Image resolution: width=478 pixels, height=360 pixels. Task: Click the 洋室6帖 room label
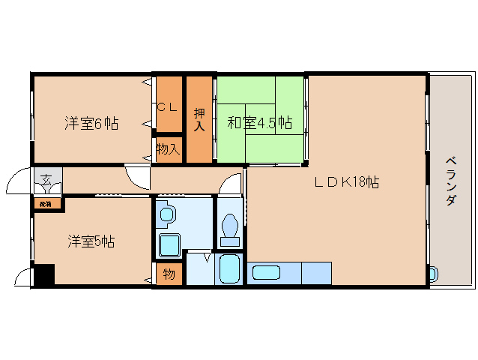(x=91, y=124)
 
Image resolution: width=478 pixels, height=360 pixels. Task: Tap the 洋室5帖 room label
(x=91, y=241)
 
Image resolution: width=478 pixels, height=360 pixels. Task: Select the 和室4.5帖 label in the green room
(x=259, y=123)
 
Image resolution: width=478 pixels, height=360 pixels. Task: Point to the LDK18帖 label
(x=345, y=181)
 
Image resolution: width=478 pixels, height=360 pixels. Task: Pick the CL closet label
(x=168, y=107)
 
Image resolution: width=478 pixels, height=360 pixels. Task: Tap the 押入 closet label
(x=199, y=120)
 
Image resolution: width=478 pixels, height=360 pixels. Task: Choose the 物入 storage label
(x=168, y=149)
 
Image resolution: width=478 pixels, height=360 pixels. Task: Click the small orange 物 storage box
(x=169, y=274)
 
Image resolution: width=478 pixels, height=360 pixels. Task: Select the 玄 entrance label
(x=46, y=180)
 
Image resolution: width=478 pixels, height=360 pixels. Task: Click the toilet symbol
(x=230, y=228)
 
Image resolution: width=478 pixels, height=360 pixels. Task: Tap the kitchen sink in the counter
(x=266, y=273)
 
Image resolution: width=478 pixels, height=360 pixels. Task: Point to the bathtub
(x=229, y=268)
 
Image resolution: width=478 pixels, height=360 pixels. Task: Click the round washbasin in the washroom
(x=167, y=215)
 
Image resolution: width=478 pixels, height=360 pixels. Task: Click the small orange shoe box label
(x=46, y=203)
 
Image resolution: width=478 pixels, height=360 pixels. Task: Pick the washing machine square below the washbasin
(x=170, y=244)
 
